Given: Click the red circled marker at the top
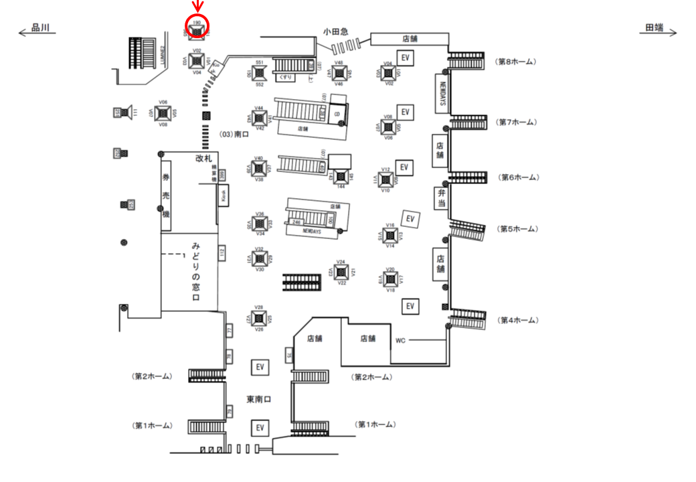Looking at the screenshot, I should [197, 26].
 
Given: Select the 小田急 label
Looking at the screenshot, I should [335, 31].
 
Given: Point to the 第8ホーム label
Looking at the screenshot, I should [516, 62].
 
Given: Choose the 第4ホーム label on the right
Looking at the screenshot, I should [516, 321].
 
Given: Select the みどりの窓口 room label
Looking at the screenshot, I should [197, 270].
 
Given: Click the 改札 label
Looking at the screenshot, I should [203, 159].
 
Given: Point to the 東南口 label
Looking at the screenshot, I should [258, 400].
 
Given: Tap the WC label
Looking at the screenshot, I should [400, 341].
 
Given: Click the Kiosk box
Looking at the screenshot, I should [224, 196].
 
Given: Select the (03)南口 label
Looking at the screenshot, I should [234, 135].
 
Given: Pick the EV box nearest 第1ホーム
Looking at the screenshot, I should [260, 427].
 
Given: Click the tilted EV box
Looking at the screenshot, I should [410, 218].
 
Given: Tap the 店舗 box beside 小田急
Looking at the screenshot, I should [410, 38].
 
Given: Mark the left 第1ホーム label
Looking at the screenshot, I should [152, 426].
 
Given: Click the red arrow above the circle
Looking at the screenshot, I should [197, 7].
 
